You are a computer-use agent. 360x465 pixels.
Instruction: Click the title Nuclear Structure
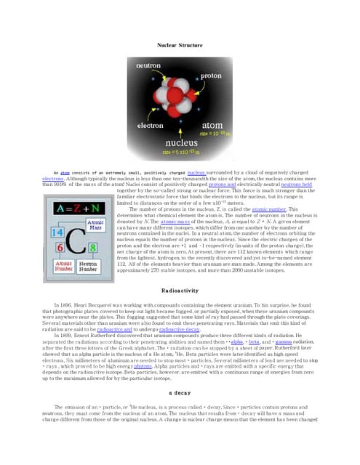click(180, 45)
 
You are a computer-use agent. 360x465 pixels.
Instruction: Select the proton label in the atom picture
click(211, 76)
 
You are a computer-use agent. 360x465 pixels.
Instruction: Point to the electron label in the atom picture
click(151, 126)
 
